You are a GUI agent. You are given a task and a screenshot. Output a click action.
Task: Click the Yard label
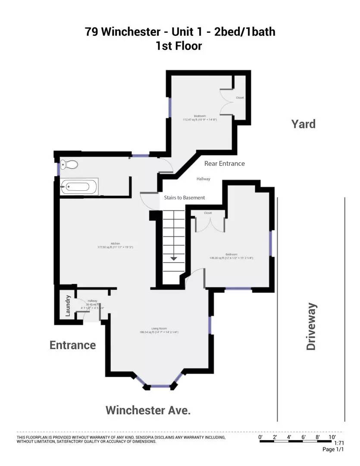point(303,124)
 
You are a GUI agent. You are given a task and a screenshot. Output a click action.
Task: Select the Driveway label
point(311,326)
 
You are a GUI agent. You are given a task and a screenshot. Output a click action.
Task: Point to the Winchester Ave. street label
point(148,410)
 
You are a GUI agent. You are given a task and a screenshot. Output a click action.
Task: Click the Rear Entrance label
point(224,164)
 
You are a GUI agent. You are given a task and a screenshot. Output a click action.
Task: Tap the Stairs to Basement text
point(184,198)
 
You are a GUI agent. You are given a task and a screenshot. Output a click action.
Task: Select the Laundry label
point(68,306)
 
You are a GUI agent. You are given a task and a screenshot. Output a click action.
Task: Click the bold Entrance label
point(72,345)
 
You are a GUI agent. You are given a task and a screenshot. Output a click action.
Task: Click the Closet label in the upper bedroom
point(240,98)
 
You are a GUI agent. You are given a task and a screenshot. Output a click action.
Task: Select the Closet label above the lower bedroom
point(208,213)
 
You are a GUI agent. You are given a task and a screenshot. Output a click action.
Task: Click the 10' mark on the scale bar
point(332,437)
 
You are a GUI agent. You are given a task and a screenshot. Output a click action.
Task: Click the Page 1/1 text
point(333,449)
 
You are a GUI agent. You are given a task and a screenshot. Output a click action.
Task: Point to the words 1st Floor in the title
point(179,46)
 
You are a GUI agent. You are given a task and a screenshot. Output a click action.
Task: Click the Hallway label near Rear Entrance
point(203,179)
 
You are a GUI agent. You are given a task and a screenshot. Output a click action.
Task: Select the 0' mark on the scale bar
point(260,437)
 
